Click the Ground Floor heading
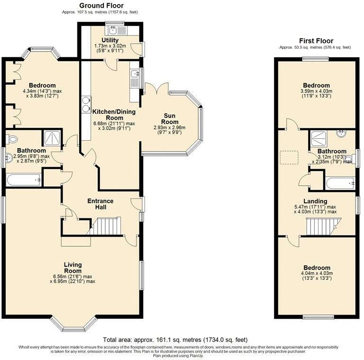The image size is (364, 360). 101,5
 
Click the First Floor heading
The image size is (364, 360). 316,41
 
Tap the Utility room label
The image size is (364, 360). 110,40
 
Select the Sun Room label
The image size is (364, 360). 170,119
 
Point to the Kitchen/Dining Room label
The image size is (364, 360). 114,115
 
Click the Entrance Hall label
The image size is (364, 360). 100,204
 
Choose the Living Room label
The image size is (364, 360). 73,268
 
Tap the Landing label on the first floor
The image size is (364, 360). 315,201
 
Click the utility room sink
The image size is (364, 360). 113,29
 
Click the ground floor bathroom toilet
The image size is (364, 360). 12,139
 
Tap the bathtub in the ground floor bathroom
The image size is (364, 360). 24,180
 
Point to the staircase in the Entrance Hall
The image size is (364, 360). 104,226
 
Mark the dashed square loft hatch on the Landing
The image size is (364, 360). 289,157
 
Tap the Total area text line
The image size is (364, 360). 175,340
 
